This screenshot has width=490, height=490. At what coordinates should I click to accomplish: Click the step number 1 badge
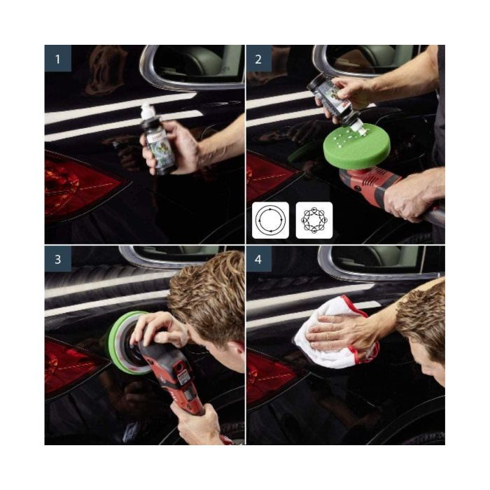pos(57,58)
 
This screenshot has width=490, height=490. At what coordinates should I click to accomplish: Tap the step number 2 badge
pos(258,58)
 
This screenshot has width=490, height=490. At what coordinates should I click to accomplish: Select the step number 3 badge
pos(57,258)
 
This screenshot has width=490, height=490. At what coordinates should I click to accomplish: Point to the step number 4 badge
pos(258,258)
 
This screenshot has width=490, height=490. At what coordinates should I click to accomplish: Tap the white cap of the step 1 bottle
pos(148,111)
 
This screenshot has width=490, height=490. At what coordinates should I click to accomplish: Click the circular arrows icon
pos(270,220)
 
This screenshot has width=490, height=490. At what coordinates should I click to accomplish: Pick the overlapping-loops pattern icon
pos(314,220)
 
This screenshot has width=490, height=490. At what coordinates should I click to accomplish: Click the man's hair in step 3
pos(206,294)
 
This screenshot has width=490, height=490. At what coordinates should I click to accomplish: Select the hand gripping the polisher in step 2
pos(413,196)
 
